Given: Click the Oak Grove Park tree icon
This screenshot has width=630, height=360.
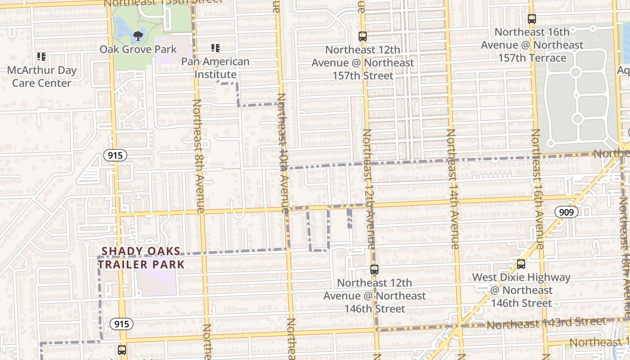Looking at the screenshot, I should point(138,36).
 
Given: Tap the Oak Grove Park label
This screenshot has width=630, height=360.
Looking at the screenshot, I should point(138,49).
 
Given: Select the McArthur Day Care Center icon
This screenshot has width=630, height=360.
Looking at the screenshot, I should point(41,57).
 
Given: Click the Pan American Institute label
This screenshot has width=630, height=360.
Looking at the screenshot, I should point(216,68).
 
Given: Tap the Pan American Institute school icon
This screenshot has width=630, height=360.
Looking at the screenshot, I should point(216,48).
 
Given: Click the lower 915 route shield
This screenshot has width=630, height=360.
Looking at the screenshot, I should point(121,324).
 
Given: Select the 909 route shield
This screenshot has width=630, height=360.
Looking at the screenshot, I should point(566,212).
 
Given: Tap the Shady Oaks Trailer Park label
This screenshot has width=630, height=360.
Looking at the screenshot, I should point(142,258).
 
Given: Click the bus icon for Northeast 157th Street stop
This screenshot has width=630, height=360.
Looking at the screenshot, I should point(363,36).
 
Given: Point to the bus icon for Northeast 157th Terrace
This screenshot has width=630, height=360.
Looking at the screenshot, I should point(532,19).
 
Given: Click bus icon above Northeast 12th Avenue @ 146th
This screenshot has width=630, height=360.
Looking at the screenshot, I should point(374,270).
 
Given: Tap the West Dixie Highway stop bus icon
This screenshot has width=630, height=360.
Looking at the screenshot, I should point(521,264).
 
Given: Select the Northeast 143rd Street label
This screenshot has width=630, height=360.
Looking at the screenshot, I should point(546,323).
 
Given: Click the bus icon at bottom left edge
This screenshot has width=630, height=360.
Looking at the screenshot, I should point(122,350).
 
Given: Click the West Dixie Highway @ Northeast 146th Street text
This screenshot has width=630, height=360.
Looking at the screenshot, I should point(521,290).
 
